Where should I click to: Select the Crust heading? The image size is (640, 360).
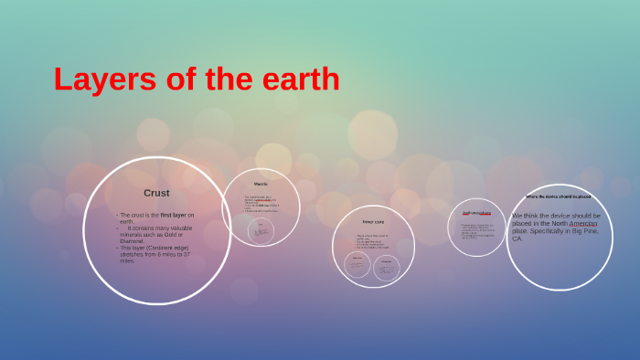point(156,193)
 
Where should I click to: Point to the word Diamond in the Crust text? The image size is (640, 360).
point(133,240)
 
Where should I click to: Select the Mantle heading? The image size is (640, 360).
point(261,184)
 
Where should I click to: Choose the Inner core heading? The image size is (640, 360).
point(373,222)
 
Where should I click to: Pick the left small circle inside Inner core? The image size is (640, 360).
point(357,265)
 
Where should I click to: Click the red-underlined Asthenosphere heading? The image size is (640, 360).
point(476,214)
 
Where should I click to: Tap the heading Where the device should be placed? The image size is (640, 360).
point(558,196)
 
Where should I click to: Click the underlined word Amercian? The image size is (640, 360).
point(583,223)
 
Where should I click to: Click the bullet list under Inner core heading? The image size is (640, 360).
point(372,241)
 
